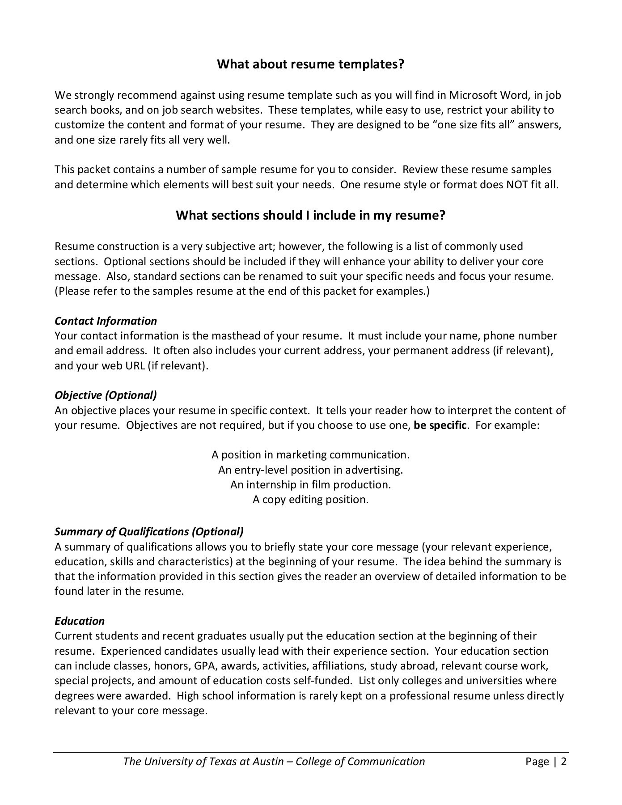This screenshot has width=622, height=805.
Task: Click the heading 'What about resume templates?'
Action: [310, 64]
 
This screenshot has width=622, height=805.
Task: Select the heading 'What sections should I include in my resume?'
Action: [310, 216]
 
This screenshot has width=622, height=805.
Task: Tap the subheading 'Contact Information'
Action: [106, 321]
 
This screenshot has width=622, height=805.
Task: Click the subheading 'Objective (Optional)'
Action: [106, 395]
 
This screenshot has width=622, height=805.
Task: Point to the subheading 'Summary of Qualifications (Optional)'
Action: [149, 532]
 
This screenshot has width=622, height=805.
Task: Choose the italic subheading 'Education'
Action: [80, 621]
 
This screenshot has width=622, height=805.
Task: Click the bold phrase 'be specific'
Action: [440, 425]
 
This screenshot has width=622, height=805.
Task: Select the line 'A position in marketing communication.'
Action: [310, 455]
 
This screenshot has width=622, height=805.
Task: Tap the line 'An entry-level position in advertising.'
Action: [310, 470]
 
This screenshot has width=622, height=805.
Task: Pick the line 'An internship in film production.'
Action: [310, 485]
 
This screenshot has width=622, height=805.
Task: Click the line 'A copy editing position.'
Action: [310, 500]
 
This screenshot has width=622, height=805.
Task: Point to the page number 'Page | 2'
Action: [546, 762]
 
